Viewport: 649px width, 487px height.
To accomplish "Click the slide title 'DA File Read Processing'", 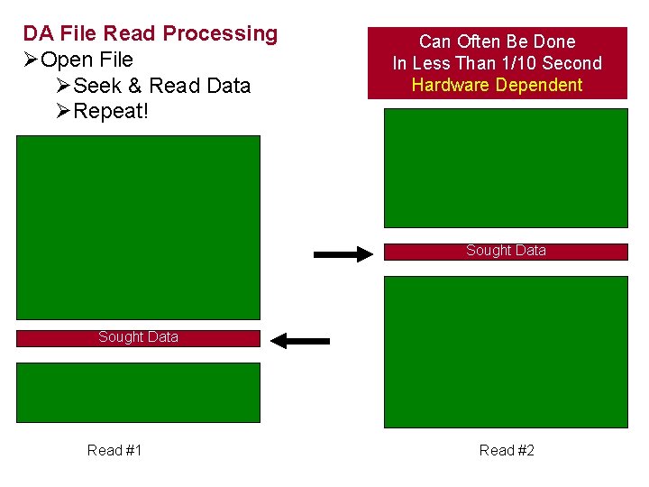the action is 151,34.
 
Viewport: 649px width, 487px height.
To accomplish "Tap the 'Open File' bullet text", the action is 87,60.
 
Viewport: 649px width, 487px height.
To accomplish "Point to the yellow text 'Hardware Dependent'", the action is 497,86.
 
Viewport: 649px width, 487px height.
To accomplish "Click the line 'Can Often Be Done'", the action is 497,41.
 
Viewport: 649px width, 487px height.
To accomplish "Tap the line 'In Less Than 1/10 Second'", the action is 497,63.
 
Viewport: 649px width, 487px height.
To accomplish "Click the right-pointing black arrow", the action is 343,254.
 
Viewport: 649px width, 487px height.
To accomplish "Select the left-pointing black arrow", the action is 301,341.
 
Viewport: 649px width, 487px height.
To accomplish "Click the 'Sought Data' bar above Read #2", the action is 506,252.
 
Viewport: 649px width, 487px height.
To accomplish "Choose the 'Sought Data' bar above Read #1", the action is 138,338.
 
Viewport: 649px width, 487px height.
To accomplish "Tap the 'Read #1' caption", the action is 114,450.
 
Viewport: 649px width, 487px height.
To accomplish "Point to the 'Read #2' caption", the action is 507,450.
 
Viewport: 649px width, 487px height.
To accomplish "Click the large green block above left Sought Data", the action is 138,227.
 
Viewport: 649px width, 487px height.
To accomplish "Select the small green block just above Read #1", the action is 138,392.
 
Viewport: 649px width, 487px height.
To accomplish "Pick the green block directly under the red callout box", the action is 506,168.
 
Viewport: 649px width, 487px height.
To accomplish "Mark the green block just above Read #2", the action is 506,351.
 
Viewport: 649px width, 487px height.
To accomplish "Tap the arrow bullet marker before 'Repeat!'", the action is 62,112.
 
